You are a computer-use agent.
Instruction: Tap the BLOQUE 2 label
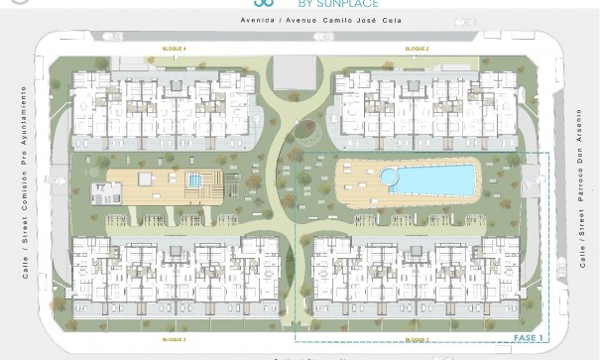click(417, 49)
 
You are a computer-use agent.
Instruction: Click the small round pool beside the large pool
click(389, 177)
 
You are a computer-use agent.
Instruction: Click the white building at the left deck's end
click(103, 190)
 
